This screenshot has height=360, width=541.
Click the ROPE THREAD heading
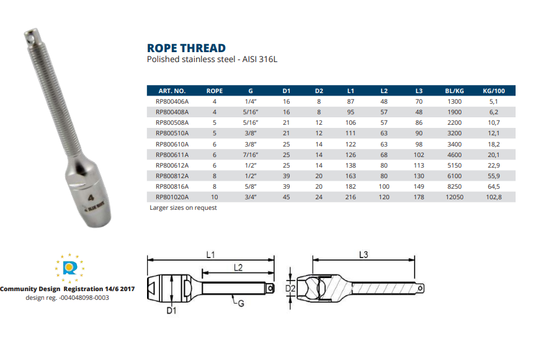coord(186,48)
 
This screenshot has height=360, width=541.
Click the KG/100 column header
coord(494,91)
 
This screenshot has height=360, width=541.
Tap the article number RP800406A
coord(172,101)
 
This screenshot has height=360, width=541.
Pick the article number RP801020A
coord(172,196)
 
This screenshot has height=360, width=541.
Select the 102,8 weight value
coord(494,196)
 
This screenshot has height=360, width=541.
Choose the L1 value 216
coord(351,196)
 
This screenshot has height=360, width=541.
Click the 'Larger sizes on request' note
coord(183,208)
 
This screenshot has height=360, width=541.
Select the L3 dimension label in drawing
coord(365,254)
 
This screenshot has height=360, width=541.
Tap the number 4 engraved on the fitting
coord(91,200)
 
